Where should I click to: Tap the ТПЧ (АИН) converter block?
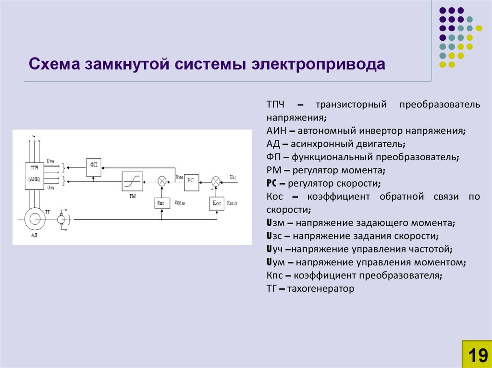point(35,174)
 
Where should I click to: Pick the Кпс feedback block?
point(161,203)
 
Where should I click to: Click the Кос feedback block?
point(216,203)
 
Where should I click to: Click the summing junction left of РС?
point(162,181)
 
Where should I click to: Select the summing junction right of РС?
point(216,181)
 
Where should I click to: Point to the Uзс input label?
point(233,178)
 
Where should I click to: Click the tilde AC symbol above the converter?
point(34,136)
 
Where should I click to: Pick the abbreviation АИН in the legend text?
point(276,131)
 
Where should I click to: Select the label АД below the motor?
point(34,235)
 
